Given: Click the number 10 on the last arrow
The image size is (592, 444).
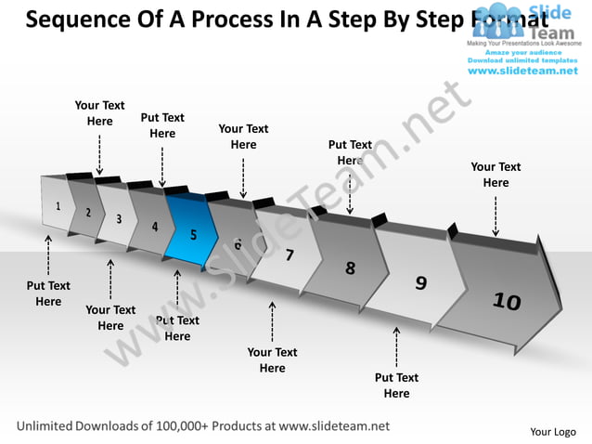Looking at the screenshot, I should pyautogui.click(x=507, y=301).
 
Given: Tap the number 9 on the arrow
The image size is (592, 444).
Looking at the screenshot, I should pyautogui.click(x=420, y=283).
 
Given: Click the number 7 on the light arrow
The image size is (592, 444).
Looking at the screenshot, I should pyautogui.click(x=290, y=255).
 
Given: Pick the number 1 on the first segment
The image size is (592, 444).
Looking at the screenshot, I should pyautogui.click(x=58, y=206).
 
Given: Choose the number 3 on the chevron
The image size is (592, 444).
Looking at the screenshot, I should pyautogui.click(x=119, y=219).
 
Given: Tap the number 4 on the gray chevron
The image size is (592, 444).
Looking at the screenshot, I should pyautogui.click(x=155, y=227).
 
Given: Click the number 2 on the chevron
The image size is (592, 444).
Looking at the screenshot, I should pyautogui.click(x=88, y=213).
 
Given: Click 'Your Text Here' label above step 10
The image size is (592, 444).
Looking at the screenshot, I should pyautogui.click(x=495, y=175).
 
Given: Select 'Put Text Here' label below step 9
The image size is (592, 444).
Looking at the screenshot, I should pyautogui.click(x=396, y=385).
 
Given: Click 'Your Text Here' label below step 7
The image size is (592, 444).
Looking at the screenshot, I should pyautogui.click(x=272, y=360).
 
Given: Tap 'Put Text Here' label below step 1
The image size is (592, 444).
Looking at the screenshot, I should pyautogui.click(x=48, y=294).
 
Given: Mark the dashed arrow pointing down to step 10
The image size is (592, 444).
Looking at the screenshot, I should pyautogui.click(x=495, y=215).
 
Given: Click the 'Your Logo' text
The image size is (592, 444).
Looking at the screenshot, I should pyautogui.click(x=552, y=432).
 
